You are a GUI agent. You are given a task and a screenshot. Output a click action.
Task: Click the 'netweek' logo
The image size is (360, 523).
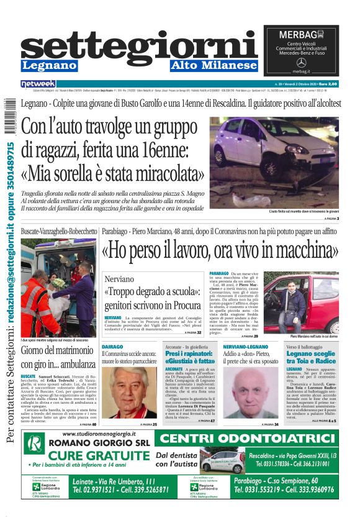coord(38,83)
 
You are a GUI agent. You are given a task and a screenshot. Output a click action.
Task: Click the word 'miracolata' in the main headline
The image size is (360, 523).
coord(161,172)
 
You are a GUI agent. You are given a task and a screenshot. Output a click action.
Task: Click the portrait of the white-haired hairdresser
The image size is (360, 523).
coord(130,393)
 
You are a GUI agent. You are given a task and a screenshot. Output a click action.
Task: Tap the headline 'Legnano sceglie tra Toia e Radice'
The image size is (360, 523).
coord(311,357)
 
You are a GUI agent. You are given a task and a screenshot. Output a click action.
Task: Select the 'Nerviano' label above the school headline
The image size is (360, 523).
coord(119,279)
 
